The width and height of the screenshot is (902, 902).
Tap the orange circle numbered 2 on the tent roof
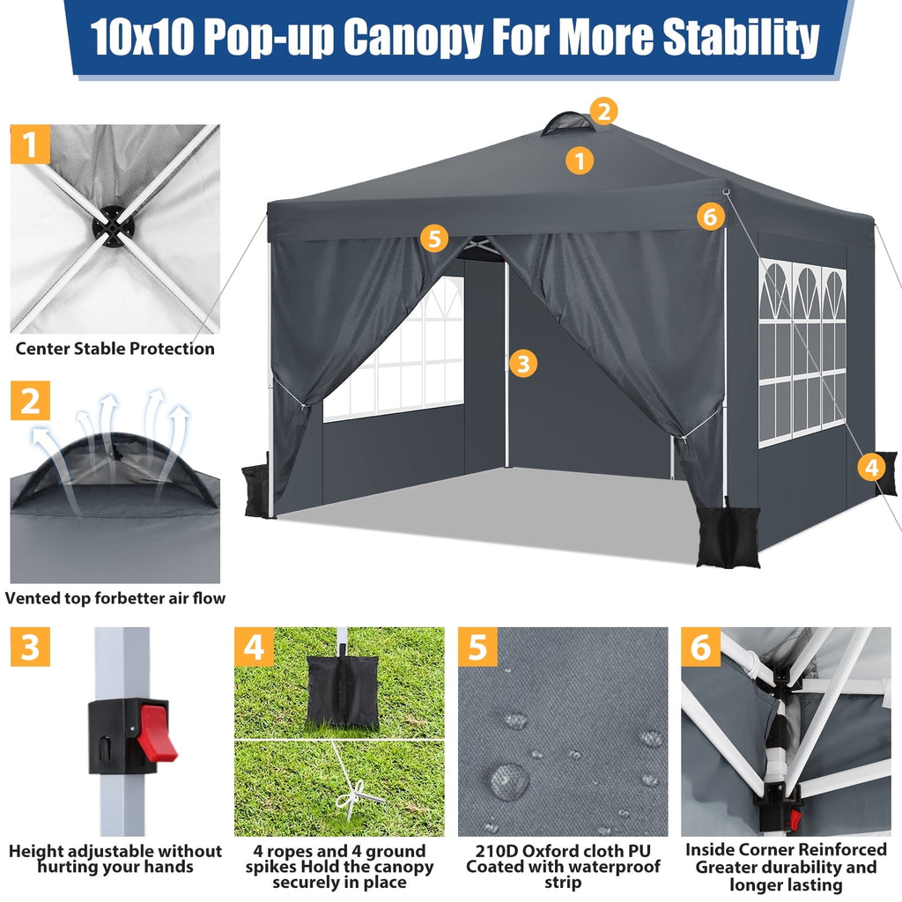coord(603,112)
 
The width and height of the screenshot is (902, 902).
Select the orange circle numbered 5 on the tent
coord(433,238)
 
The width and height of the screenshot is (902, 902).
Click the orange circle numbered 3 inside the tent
coord(523,363)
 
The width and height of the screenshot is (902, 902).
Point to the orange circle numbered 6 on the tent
coord(711,216)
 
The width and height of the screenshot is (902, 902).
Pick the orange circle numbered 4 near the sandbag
coord(871,467)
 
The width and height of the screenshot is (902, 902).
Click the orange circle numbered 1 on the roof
coord(579,160)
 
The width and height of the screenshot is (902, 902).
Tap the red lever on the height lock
coord(156,731)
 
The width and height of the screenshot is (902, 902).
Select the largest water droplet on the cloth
coord(508,780)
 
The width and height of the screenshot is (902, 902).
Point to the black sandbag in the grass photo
coord(343,691)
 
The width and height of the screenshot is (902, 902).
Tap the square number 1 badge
coord(31,144)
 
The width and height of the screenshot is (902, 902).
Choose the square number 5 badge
coord(477,647)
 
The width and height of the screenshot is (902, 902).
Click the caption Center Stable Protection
coord(115,349)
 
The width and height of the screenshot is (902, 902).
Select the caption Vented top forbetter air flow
coord(115,598)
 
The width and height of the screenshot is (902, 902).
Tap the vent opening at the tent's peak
coord(568,124)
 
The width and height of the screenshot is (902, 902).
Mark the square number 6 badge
coord(700,647)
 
